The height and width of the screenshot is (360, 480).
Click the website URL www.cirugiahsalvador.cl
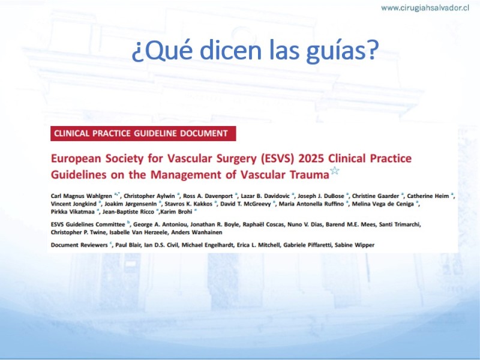point(425,8)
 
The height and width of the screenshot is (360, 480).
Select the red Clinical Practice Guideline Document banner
point(143,133)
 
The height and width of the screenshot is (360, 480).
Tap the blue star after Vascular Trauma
point(335,170)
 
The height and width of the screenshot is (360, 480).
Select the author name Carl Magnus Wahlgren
point(82,196)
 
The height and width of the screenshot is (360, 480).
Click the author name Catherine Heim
point(428,196)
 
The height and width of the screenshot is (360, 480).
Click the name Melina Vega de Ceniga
point(383,204)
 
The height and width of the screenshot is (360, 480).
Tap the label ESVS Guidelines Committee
point(88,224)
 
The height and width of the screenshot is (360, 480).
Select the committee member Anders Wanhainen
point(197,232)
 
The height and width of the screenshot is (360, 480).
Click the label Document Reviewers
point(79,245)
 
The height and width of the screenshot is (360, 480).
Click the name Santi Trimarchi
point(400,224)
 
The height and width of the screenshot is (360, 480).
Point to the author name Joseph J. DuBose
point(321,196)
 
